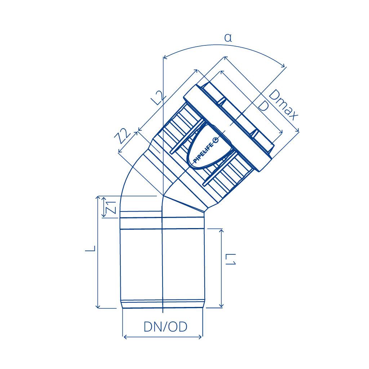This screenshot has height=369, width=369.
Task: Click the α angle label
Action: click(x=228, y=38)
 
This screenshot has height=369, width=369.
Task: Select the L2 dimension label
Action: click(x=159, y=97)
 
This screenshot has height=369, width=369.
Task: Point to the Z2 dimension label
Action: click(x=123, y=136)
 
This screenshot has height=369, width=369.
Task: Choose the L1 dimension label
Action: click(x=231, y=259)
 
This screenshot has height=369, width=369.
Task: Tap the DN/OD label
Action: click(x=165, y=326)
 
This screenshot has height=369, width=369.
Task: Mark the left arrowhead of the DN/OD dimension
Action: click(x=125, y=337)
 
